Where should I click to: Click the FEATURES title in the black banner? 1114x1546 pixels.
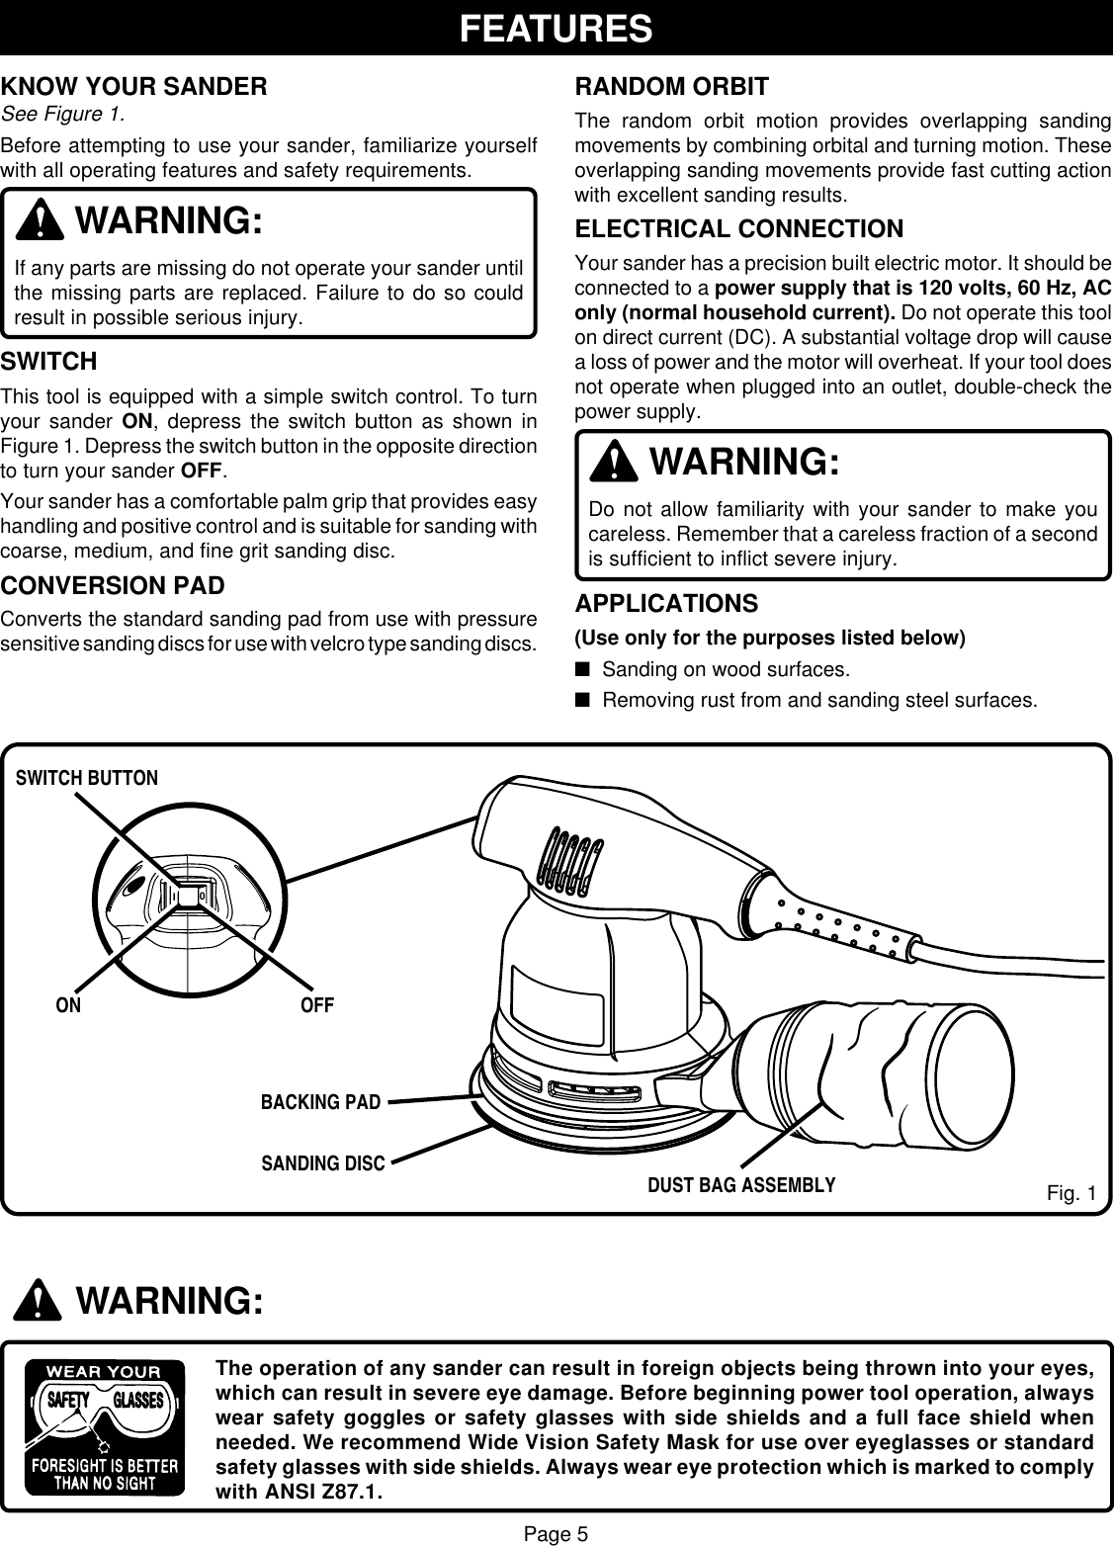pos(557,28)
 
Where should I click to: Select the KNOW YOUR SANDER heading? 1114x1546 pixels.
pos(133,87)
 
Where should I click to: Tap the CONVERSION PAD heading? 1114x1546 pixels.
pos(113,586)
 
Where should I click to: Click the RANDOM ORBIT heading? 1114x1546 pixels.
pos(671,87)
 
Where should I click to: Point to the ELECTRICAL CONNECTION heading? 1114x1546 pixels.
pos(738,229)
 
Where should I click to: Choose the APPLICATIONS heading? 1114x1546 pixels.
pos(666,603)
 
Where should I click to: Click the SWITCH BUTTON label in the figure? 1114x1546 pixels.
pos(87,778)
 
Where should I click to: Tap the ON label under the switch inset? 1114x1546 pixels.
pos(68,1006)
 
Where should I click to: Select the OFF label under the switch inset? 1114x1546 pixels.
pos(317,1006)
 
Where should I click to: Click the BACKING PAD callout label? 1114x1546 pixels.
pos(320,1101)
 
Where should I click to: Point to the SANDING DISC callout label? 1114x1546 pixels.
pos(322,1163)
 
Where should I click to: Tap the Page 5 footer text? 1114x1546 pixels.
pos(556,1534)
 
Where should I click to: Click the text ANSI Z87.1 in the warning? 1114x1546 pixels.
pos(324,1491)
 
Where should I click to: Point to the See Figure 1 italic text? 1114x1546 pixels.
pos(63,114)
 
